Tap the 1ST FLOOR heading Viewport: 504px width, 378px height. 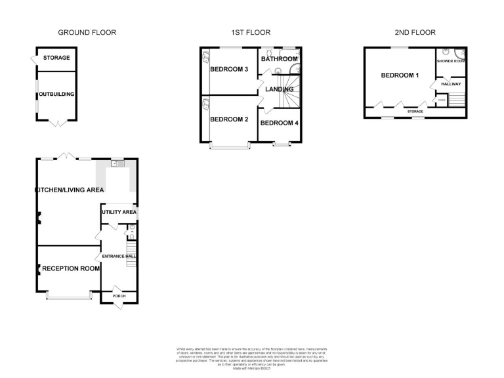coord(251,32)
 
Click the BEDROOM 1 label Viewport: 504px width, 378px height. coord(400,75)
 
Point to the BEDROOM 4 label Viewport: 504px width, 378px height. coord(280,123)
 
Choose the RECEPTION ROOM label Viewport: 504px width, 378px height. coord(72,268)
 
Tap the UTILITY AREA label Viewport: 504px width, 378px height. coord(119,213)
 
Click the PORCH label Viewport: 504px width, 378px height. coord(119,296)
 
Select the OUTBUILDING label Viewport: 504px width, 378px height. coord(56,94)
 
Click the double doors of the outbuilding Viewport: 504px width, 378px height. coord(56,122)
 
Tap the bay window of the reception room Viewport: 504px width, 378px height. coord(69,297)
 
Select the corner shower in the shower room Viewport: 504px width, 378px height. coord(461,54)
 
